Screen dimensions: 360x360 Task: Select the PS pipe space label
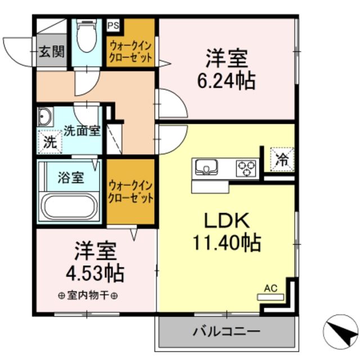point(113,25)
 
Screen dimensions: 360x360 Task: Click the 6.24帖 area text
point(226,80)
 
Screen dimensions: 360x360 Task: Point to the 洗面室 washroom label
point(82,131)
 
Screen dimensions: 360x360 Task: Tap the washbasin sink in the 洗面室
point(45,118)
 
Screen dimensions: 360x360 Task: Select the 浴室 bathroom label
point(71,178)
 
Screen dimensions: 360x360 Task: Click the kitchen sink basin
point(206,166)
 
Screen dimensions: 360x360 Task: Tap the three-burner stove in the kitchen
point(245,167)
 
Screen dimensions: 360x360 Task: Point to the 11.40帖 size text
point(227,243)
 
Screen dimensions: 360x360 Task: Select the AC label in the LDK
point(271,289)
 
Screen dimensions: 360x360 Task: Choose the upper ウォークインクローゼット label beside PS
point(130,51)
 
